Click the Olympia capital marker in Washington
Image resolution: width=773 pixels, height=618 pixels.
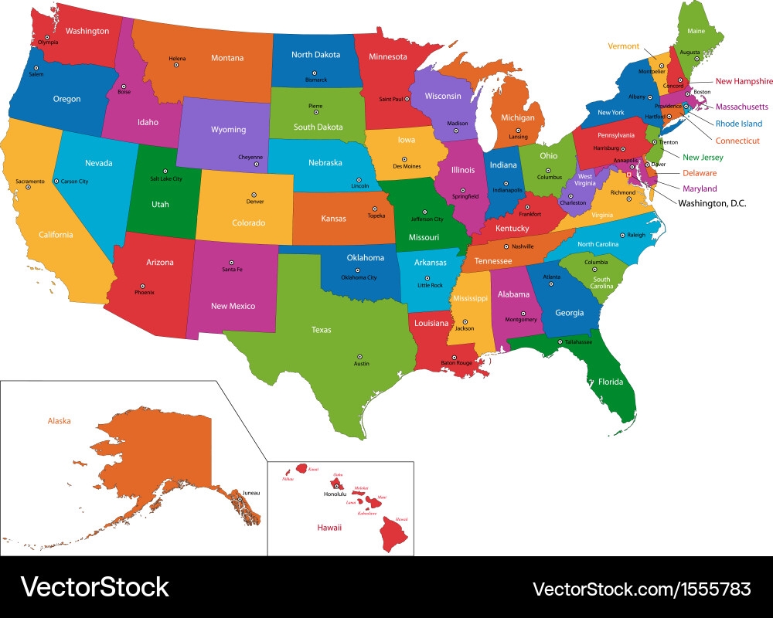point(47,37)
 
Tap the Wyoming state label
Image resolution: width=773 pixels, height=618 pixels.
point(228,130)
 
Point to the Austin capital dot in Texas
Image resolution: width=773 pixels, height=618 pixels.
point(359,356)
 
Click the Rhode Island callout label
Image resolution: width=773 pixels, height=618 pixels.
point(738,124)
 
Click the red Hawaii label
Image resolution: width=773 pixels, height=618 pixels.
point(329,528)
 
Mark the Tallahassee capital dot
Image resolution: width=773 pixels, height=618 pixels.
point(560,341)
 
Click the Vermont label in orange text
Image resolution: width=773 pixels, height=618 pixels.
point(623,46)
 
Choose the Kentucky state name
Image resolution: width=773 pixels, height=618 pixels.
point(512,229)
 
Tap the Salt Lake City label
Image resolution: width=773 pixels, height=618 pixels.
point(165,178)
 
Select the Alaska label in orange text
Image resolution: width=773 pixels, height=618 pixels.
point(59,421)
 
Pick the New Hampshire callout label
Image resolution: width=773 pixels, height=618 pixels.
point(744,81)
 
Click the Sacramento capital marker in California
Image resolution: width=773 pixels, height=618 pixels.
point(29,188)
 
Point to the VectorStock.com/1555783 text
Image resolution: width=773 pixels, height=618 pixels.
point(642,589)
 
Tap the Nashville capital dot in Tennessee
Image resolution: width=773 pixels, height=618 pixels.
point(506,246)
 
